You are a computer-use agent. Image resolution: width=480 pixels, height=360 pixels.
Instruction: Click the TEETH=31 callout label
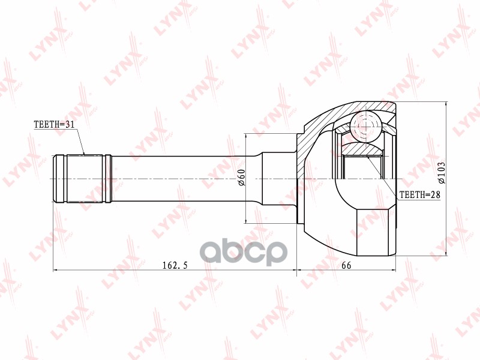(x=54, y=124)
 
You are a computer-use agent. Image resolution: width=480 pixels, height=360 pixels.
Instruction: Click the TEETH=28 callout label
(x=420, y=194)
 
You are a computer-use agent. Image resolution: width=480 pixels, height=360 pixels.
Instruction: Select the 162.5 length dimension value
(x=175, y=265)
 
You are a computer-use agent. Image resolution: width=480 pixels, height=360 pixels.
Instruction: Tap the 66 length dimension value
(x=346, y=265)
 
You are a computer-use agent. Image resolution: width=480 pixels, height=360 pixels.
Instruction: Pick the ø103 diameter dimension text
(x=442, y=173)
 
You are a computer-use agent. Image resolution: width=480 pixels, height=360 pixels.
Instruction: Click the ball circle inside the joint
(x=366, y=126)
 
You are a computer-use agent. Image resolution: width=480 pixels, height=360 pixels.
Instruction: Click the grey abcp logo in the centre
(x=244, y=252)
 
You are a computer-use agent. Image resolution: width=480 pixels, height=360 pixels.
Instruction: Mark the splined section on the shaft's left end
(x=84, y=179)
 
